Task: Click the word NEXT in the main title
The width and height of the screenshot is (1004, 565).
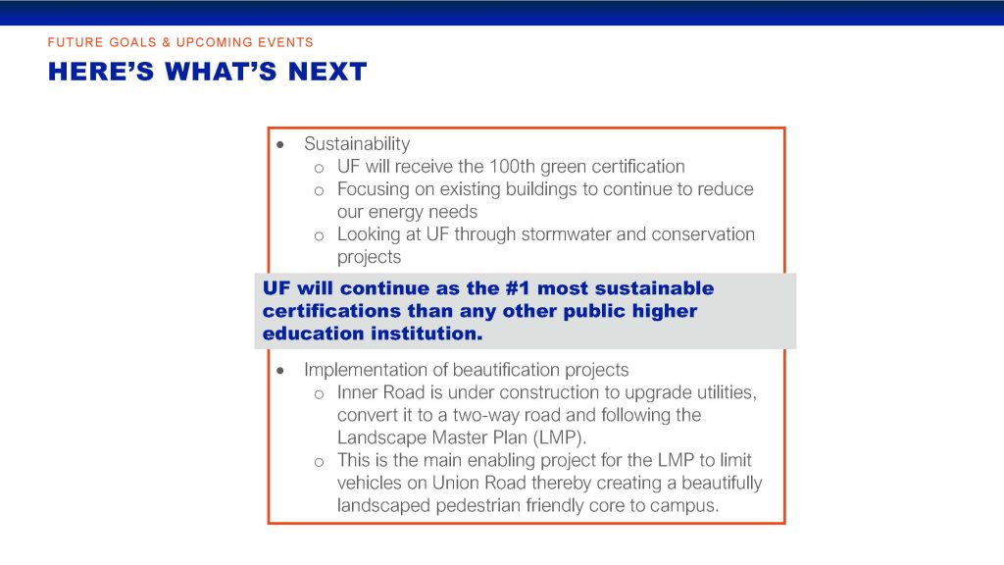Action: click(x=327, y=72)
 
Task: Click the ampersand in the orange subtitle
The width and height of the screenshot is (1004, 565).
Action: click(x=166, y=42)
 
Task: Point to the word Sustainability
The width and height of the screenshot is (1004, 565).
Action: click(x=357, y=144)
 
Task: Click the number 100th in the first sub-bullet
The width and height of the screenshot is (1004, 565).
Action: click(x=512, y=167)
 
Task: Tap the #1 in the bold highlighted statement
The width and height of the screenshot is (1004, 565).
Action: click(x=518, y=288)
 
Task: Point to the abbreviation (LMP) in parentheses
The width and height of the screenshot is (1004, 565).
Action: click(x=557, y=437)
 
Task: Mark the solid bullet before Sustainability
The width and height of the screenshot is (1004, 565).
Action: click(x=280, y=145)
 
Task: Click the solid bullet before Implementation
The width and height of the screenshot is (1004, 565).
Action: click(x=280, y=370)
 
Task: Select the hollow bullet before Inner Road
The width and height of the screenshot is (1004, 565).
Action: click(x=319, y=394)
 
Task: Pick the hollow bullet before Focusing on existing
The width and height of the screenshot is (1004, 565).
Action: click(x=319, y=191)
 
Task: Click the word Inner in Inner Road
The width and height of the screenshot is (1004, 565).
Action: click(x=357, y=392)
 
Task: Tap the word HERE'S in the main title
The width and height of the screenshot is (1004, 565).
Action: click(x=101, y=72)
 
